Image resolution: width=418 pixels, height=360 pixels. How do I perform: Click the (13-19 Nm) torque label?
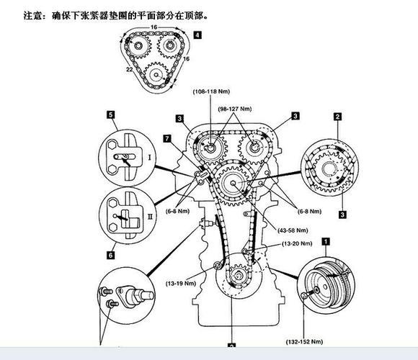tap(180, 284)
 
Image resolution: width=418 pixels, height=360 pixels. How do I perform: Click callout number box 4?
tap(197, 34)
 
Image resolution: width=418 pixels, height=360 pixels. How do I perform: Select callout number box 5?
tap(110, 114)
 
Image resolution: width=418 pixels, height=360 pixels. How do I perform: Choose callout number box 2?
tap(337, 115)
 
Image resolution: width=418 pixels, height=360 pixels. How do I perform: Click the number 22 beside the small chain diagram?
tap(129, 69)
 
